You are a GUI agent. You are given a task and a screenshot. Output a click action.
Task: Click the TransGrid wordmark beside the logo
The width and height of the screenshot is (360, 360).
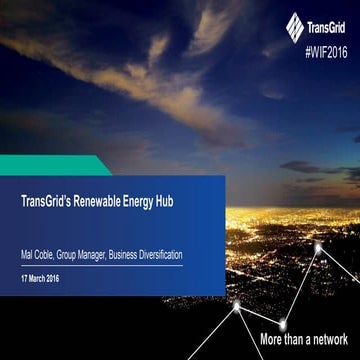click(329, 24)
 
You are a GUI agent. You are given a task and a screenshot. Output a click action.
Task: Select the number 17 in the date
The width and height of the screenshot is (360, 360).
click(24, 275)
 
